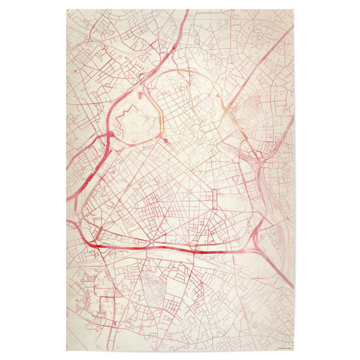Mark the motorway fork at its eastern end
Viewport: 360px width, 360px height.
258,237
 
